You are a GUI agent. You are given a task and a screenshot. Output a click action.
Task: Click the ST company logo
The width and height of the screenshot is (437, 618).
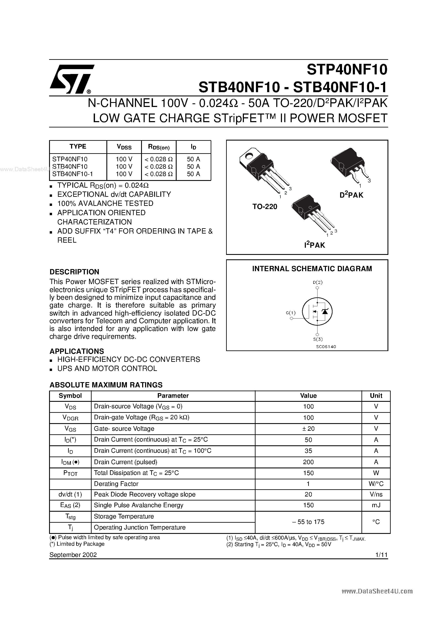(x=71, y=79)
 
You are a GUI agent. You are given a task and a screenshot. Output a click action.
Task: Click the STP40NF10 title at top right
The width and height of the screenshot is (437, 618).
(x=347, y=70)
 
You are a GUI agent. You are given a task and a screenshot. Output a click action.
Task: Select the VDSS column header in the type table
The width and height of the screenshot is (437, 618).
(x=124, y=147)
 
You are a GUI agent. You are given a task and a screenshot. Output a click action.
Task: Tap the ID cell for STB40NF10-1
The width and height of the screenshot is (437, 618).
(x=194, y=174)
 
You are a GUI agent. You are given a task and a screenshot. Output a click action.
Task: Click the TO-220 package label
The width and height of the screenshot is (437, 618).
(x=265, y=207)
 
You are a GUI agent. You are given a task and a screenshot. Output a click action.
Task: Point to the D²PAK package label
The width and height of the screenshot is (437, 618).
(x=351, y=195)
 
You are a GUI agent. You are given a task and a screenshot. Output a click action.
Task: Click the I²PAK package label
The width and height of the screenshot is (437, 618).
(x=314, y=245)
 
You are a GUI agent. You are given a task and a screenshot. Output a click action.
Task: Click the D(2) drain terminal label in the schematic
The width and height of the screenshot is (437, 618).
(x=318, y=282)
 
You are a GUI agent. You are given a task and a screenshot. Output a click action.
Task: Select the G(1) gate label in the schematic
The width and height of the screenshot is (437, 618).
(x=291, y=313)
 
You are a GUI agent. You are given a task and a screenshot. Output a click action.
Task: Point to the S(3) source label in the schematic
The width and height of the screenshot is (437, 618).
(x=318, y=339)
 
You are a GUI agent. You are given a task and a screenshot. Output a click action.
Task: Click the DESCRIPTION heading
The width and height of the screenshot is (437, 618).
(x=74, y=272)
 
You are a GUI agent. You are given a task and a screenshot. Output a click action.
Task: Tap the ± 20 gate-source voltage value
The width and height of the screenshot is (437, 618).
(x=308, y=429)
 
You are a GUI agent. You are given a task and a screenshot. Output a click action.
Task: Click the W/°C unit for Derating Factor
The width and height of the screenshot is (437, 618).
(x=376, y=484)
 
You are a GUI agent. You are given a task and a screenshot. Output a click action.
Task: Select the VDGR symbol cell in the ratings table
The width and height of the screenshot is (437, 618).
(x=70, y=418)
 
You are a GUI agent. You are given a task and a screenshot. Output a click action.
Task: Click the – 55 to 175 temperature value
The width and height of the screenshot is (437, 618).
(x=308, y=522)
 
